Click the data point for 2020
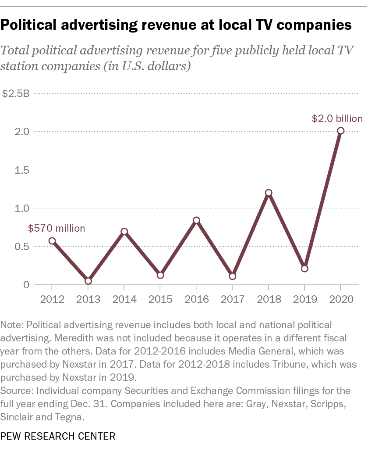(x=340, y=130)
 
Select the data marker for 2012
(x=52, y=241)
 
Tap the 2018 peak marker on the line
(x=269, y=193)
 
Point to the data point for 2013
(x=88, y=281)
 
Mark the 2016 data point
(x=196, y=220)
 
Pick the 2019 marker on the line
(x=304, y=269)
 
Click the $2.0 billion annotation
(x=337, y=118)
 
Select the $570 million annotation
(x=57, y=228)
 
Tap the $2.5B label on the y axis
(x=16, y=93)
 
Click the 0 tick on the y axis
(x=26, y=285)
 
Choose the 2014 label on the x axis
(x=124, y=299)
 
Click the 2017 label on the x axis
(x=232, y=299)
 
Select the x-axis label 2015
(x=160, y=299)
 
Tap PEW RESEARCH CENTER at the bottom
(x=58, y=436)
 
